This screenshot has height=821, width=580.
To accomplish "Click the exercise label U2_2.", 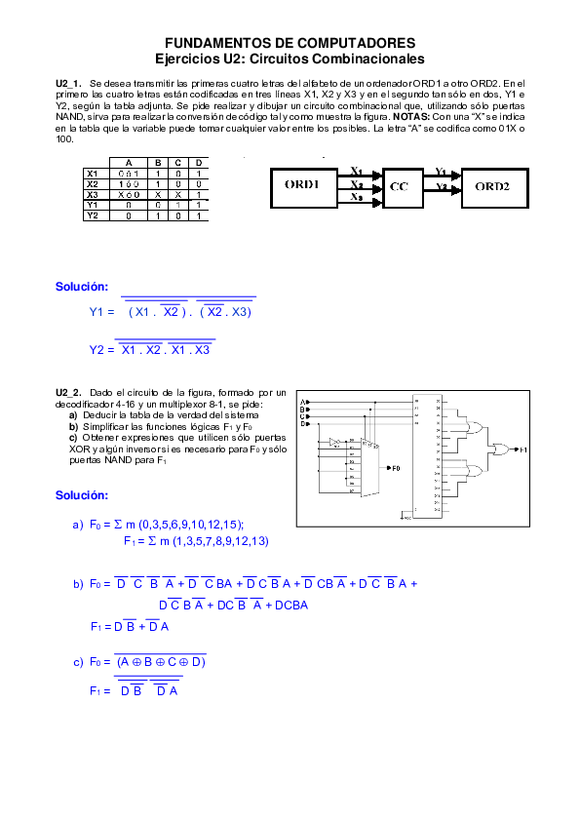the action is click(x=68, y=392).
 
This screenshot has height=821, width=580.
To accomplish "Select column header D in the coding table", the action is click(x=199, y=163).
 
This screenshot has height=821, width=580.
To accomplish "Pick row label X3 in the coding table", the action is click(x=93, y=194).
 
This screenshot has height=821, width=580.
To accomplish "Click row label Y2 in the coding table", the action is click(x=93, y=215).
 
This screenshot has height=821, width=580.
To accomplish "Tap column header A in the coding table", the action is click(x=128, y=163).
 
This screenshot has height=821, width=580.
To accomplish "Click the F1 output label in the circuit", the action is click(x=522, y=450).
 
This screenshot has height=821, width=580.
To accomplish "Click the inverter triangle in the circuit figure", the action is click(x=335, y=442).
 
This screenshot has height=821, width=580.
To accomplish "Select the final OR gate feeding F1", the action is click(x=501, y=450).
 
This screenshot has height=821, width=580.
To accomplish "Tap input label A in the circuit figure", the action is click(x=303, y=401).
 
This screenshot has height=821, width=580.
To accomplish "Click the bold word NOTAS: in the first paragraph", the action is click(x=399, y=117).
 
